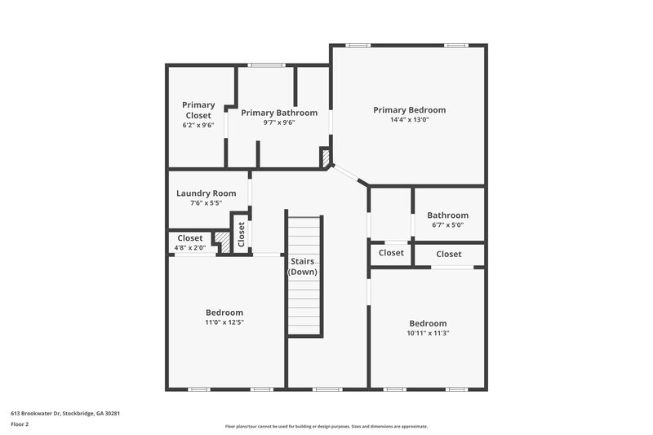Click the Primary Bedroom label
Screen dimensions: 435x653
point(409,109)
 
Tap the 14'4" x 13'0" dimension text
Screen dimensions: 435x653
point(409,120)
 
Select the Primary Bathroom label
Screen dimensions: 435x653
point(279,113)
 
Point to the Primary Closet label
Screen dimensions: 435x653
point(198,110)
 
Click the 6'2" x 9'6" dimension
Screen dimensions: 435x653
point(198,126)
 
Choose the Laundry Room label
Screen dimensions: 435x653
point(206,193)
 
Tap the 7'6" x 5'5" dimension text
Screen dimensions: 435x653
point(206,203)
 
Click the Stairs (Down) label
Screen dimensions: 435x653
point(303,266)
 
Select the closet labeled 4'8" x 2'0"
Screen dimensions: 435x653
point(190,242)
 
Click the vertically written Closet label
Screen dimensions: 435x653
point(242,234)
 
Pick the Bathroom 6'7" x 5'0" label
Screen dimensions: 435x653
point(447,220)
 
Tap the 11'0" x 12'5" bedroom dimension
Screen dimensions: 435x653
point(224,322)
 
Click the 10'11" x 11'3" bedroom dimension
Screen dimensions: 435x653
point(428,333)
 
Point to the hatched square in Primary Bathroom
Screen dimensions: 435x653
point(324,157)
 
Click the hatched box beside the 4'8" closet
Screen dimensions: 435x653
point(220,239)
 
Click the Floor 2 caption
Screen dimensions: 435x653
point(20,424)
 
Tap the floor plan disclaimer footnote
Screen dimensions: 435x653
point(326,426)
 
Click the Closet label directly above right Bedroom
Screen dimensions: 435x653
point(448,254)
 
